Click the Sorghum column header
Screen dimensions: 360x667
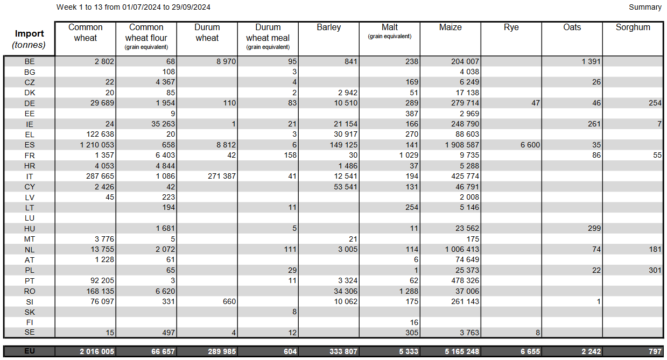tap(633, 27)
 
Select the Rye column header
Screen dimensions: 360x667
tap(511, 27)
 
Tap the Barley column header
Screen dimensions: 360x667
tap(328, 27)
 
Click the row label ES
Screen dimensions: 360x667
tap(30, 145)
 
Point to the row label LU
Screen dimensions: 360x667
tap(30, 218)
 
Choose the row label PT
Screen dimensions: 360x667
tap(30, 280)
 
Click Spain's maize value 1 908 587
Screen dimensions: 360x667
tap(458, 145)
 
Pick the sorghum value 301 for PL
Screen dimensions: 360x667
tap(655, 270)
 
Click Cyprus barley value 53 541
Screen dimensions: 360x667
tap(342, 187)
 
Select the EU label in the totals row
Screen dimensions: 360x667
tap(30, 351)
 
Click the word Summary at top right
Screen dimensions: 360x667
tap(645, 8)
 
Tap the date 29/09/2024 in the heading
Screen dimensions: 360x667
tap(191, 8)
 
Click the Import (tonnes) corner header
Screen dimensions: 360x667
tap(30, 39)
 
